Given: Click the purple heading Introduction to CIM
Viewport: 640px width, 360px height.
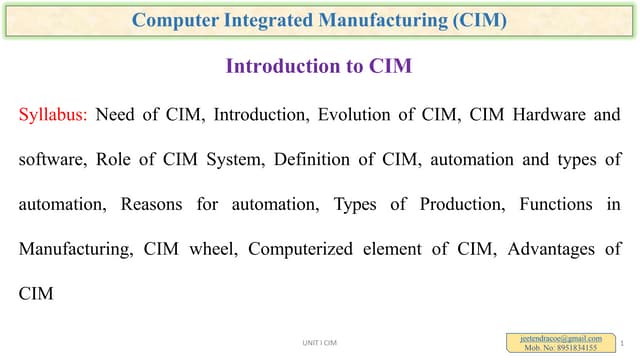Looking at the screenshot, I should pyautogui.click(x=320, y=67).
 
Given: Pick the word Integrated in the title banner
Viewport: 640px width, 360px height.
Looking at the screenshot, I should pyautogui.click(x=288, y=20).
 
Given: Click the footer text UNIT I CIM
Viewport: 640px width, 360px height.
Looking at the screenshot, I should pyautogui.click(x=320, y=344).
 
